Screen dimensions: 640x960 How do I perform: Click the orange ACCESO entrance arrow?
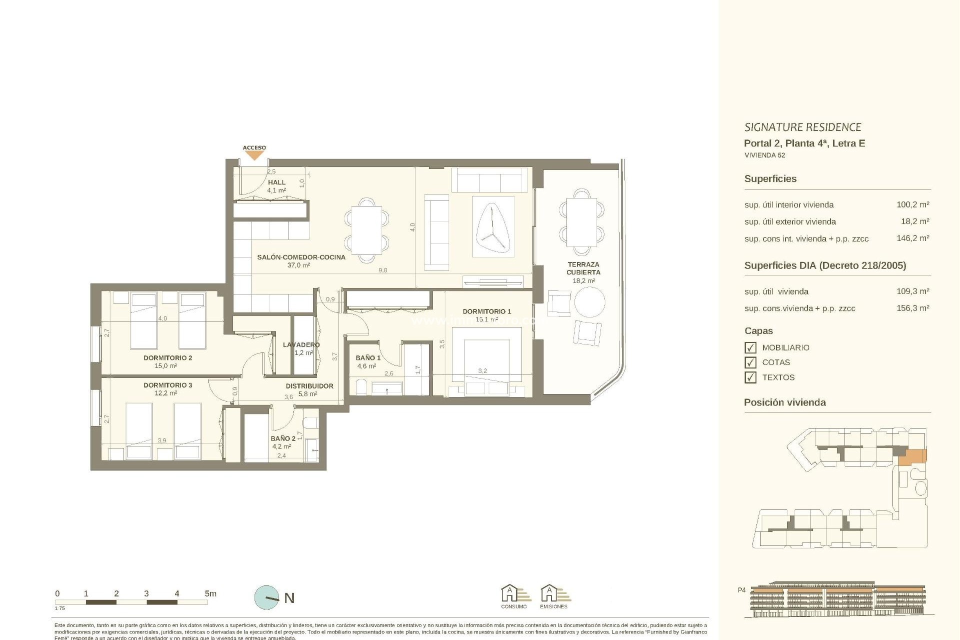[x=254, y=155]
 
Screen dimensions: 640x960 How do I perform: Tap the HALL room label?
[x=276, y=182]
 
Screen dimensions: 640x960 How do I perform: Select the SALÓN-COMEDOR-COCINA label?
[x=301, y=257]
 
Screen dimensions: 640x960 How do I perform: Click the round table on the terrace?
[x=589, y=301]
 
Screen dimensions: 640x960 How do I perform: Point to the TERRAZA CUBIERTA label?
[x=583, y=268]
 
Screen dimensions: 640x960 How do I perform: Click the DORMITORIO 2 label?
[x=167, y=358]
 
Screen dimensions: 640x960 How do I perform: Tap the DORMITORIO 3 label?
[x=167, y=385]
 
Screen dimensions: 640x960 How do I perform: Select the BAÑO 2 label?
[x=283, y=438]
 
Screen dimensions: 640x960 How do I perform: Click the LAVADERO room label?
[x=301, y=345]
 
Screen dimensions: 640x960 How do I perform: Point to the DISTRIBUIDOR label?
[x=309, y=386]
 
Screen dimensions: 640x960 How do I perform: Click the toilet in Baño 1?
[x=360, y=387]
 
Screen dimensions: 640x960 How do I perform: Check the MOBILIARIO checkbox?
[x=750, y=347]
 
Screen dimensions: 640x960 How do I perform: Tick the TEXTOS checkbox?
[x=750, y=377]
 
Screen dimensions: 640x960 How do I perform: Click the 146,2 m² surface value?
[x=912, y=238]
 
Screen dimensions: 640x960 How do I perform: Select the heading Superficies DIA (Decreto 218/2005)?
[x=825, y=265]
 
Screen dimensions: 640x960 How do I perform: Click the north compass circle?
[x=267, y=597]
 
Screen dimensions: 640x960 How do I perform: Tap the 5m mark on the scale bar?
[x=210, y=594]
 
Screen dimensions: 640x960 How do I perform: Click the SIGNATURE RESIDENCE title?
[x=802, y=127]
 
